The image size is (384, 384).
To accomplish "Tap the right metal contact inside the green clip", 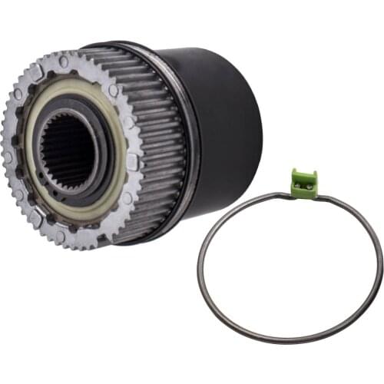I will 310,184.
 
